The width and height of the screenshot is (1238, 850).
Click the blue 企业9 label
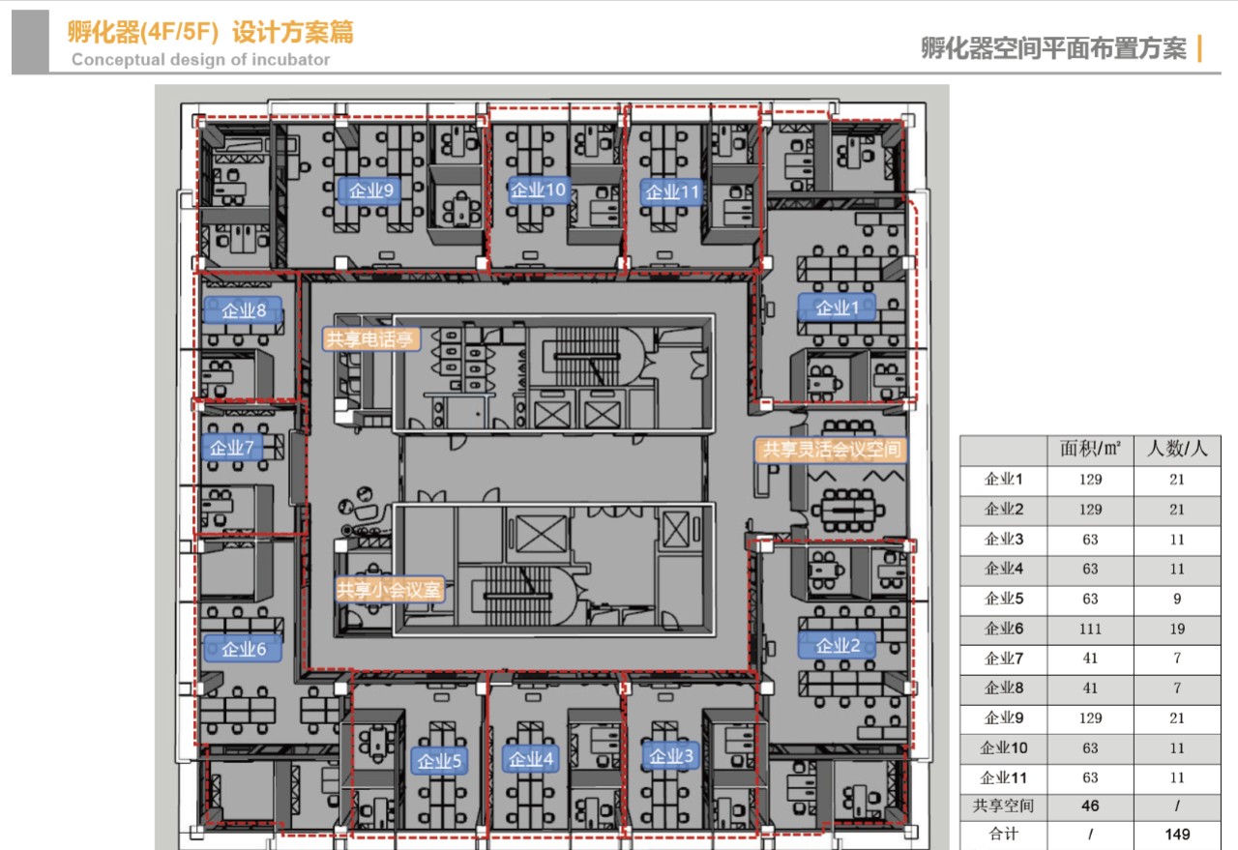pos(369,191)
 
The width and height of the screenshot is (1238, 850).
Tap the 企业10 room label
pos(539,191)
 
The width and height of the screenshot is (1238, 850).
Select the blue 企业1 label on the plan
pos(837,308)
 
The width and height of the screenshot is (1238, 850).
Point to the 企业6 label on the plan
pos(243,648)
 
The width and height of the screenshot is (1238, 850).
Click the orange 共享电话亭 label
pos(370,338)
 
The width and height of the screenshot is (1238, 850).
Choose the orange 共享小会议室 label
pos(390,590)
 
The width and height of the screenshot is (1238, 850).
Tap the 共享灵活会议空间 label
pos(831,450)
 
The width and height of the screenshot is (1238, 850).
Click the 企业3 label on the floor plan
pos(671,756)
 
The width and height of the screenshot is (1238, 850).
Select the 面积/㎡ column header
pos(1090,449)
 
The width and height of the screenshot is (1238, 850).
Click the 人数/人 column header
pos(1177,449)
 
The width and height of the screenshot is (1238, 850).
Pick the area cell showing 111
pos(1090,629)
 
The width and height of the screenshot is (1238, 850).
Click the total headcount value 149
pos(1177,834)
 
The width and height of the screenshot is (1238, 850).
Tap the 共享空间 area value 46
pos(1090,806)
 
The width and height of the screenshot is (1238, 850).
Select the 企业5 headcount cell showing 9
pos(1177,599)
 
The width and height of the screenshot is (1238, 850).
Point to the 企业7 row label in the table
pos(1004,659)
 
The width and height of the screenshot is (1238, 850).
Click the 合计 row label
pos(1004,834)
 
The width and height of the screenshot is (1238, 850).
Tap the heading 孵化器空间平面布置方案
pos(1053,48)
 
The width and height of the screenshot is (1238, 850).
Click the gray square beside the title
pos(30,41)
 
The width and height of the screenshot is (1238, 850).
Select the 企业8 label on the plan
pos(243,310)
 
